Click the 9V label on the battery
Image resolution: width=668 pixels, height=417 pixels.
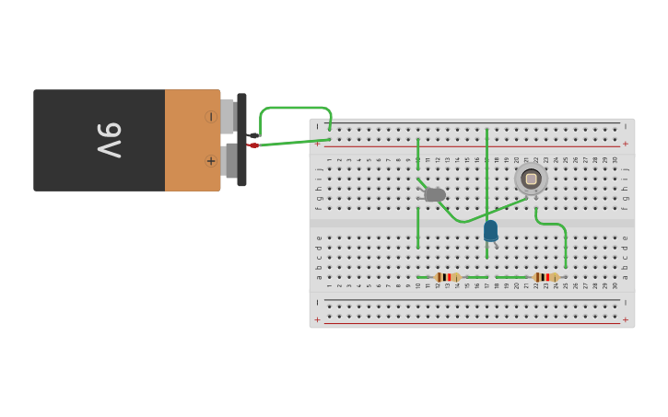point(110,140)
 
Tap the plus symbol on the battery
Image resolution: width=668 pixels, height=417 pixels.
point(211,161)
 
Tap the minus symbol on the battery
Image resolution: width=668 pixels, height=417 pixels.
point(211,117)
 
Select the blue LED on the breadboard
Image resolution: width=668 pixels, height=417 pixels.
point(490,230)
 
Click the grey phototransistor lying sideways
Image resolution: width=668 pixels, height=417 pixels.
point(434,194)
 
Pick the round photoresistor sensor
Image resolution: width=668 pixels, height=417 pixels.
point(531,179)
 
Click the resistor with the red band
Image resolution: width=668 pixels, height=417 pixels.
point(448,277)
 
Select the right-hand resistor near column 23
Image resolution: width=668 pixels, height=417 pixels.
point(546,277)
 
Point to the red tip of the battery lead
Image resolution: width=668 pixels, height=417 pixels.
point(253,145)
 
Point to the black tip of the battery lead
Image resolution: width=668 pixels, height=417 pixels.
point(253,135)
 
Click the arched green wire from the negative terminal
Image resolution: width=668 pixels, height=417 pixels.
point(295,109)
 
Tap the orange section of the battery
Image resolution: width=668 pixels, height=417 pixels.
point(192,140)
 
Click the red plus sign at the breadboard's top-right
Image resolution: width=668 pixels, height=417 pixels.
point(626,144)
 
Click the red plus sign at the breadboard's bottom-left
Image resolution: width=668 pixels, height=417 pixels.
point(318,319)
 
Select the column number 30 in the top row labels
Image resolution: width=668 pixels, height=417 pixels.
point(615,160)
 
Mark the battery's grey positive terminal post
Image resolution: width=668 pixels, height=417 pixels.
point(230,161)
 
